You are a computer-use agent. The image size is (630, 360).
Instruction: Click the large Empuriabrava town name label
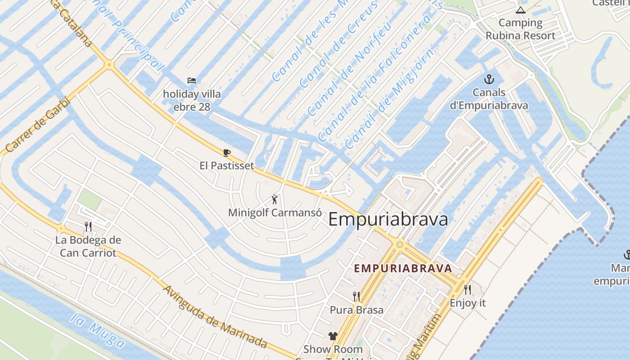click(388, 220)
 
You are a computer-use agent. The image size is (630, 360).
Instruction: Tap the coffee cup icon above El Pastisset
click(227, 153)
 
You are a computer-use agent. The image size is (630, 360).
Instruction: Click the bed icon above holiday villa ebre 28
click(192, 81)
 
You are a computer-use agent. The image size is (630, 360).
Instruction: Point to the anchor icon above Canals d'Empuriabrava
click(488, 80)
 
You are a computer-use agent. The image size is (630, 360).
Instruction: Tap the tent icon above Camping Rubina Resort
click(521, 10)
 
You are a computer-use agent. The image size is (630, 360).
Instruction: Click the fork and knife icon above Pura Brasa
click(356, 296)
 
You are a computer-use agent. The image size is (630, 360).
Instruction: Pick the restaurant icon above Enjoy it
click(468, 289)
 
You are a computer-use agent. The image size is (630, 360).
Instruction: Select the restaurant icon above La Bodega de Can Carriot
click(88, 226)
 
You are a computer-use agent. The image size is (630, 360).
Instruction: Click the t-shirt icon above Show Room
click(333, 336)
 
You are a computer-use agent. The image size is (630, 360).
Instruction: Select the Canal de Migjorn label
click(390, 99)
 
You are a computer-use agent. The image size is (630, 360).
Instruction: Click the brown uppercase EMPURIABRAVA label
click(403, 269)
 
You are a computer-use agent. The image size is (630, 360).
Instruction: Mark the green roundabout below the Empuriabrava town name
click(400, 244)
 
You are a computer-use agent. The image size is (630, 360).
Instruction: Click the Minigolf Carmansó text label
click(275, 212)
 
